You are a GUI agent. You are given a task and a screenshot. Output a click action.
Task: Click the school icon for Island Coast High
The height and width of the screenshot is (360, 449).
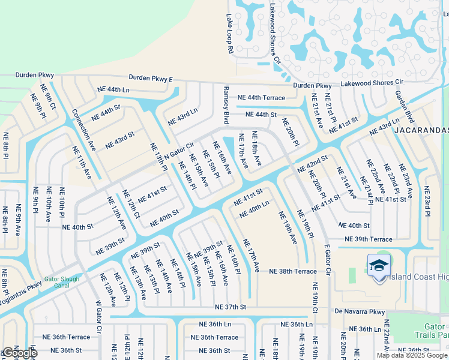tap(379, 265)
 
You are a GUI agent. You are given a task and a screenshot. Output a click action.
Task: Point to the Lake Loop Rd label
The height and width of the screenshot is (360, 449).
tap(229, 35)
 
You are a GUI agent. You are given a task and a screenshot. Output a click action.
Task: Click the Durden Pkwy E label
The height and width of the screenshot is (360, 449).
tap(151, 79)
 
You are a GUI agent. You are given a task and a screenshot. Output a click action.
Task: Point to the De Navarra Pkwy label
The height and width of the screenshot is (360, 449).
tap(360, 311)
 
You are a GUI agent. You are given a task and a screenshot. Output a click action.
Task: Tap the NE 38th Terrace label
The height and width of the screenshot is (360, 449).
tap(292, 271)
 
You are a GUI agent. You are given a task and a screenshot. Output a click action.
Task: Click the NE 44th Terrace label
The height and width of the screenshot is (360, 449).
tap(261, 97)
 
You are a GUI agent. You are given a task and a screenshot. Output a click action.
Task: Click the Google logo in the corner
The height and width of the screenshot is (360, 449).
tap(19, 353)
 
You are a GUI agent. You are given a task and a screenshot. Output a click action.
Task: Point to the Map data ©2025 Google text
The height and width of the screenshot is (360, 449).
tap(411, 355)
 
